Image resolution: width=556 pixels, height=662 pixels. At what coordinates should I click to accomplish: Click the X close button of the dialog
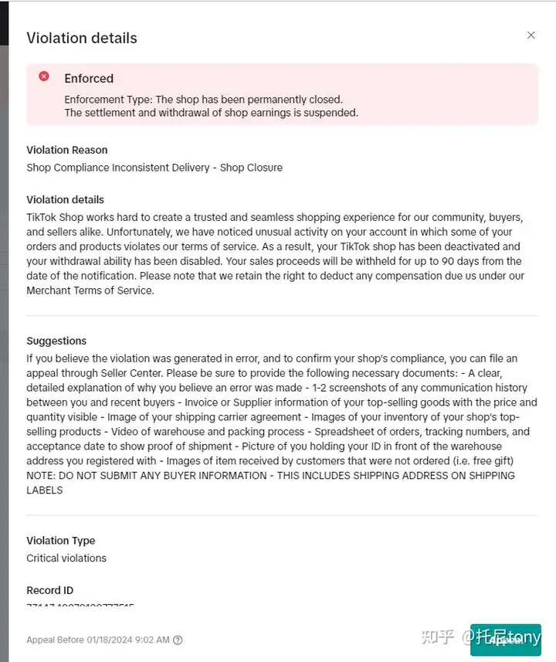pos(531,36)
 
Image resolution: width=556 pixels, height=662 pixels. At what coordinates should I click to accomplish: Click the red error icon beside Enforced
pos(44,76)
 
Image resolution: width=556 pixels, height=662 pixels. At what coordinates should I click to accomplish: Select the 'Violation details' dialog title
pos(82,38)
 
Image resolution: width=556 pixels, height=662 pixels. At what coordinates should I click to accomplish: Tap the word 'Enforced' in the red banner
pos(89,78)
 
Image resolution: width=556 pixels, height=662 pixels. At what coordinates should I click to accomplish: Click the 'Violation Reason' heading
pos(67,150)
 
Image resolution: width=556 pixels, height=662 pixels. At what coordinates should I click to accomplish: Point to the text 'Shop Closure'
pos(251,168)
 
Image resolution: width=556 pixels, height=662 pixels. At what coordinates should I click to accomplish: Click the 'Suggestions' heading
pos(56,341)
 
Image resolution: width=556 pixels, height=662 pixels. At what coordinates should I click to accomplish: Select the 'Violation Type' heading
pos(61,541)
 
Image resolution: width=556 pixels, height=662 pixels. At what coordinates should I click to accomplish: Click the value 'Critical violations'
pos(66,558)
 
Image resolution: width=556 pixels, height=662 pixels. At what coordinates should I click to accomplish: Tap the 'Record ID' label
pos(50,590)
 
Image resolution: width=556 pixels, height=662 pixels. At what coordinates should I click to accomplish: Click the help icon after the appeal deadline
pos(178,640)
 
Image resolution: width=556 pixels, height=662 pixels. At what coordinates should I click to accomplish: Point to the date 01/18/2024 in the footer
pos(106,640)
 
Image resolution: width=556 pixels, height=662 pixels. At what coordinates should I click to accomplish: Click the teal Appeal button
pos(506,640)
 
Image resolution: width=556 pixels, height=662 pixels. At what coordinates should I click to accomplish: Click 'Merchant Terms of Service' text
pos(90,290)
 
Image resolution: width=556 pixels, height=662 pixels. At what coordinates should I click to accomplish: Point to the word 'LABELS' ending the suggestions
pos(45,490)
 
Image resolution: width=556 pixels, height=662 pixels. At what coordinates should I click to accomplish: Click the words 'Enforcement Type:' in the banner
pos(109,100)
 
